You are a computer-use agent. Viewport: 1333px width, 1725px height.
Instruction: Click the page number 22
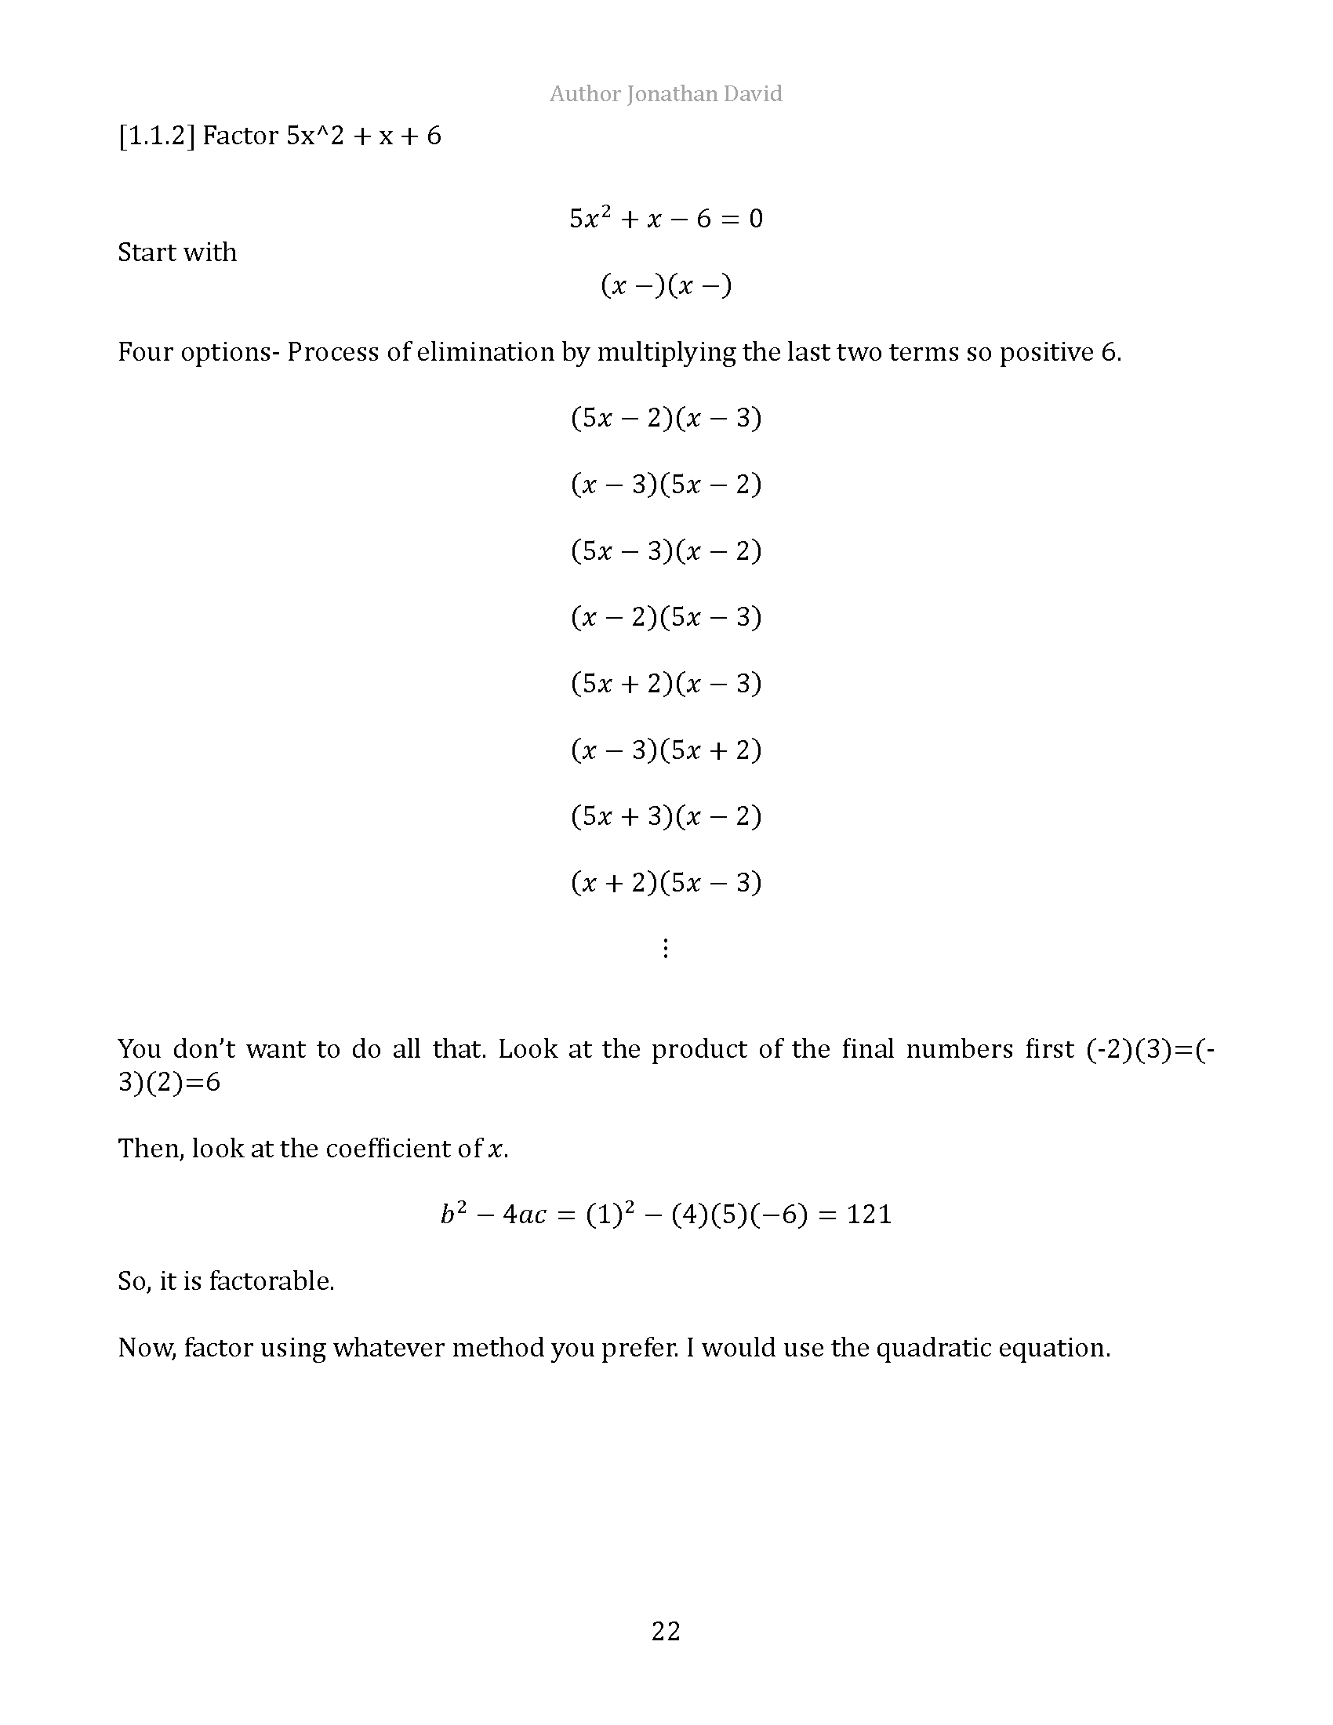coord(666,1630)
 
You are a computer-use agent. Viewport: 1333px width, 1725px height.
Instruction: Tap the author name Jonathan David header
coord(666,94)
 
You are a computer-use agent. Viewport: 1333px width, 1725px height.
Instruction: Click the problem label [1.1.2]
coord(156,136)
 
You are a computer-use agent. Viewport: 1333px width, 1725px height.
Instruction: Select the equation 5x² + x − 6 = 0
coord(666,218)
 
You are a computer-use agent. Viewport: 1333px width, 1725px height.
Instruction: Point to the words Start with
coord(177,252)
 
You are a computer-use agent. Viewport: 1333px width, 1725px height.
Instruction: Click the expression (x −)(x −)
coord(666,285)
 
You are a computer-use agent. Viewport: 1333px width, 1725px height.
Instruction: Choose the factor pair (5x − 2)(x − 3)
coord(666,417)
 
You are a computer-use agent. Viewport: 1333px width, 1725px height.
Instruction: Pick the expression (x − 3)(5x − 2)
coord(666,483)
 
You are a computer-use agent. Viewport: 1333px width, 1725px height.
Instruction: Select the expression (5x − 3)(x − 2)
coord(666,550)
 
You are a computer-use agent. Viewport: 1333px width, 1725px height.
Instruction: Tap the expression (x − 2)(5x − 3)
coord(666,616)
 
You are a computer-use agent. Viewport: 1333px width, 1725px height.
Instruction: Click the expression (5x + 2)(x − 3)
coord(666,682)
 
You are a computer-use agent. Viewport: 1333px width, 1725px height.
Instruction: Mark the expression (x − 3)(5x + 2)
coord(666,749)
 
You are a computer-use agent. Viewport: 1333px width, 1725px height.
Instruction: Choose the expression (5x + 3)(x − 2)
coord(666,815)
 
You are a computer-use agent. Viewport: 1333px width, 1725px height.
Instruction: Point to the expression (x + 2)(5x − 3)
coord(666,881)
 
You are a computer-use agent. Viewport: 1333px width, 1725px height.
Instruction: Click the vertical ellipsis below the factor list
coord(666,948)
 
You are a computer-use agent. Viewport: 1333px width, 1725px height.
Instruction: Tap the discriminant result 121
coord(869,1214)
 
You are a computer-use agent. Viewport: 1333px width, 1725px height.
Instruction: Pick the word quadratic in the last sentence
coord(932,1346)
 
